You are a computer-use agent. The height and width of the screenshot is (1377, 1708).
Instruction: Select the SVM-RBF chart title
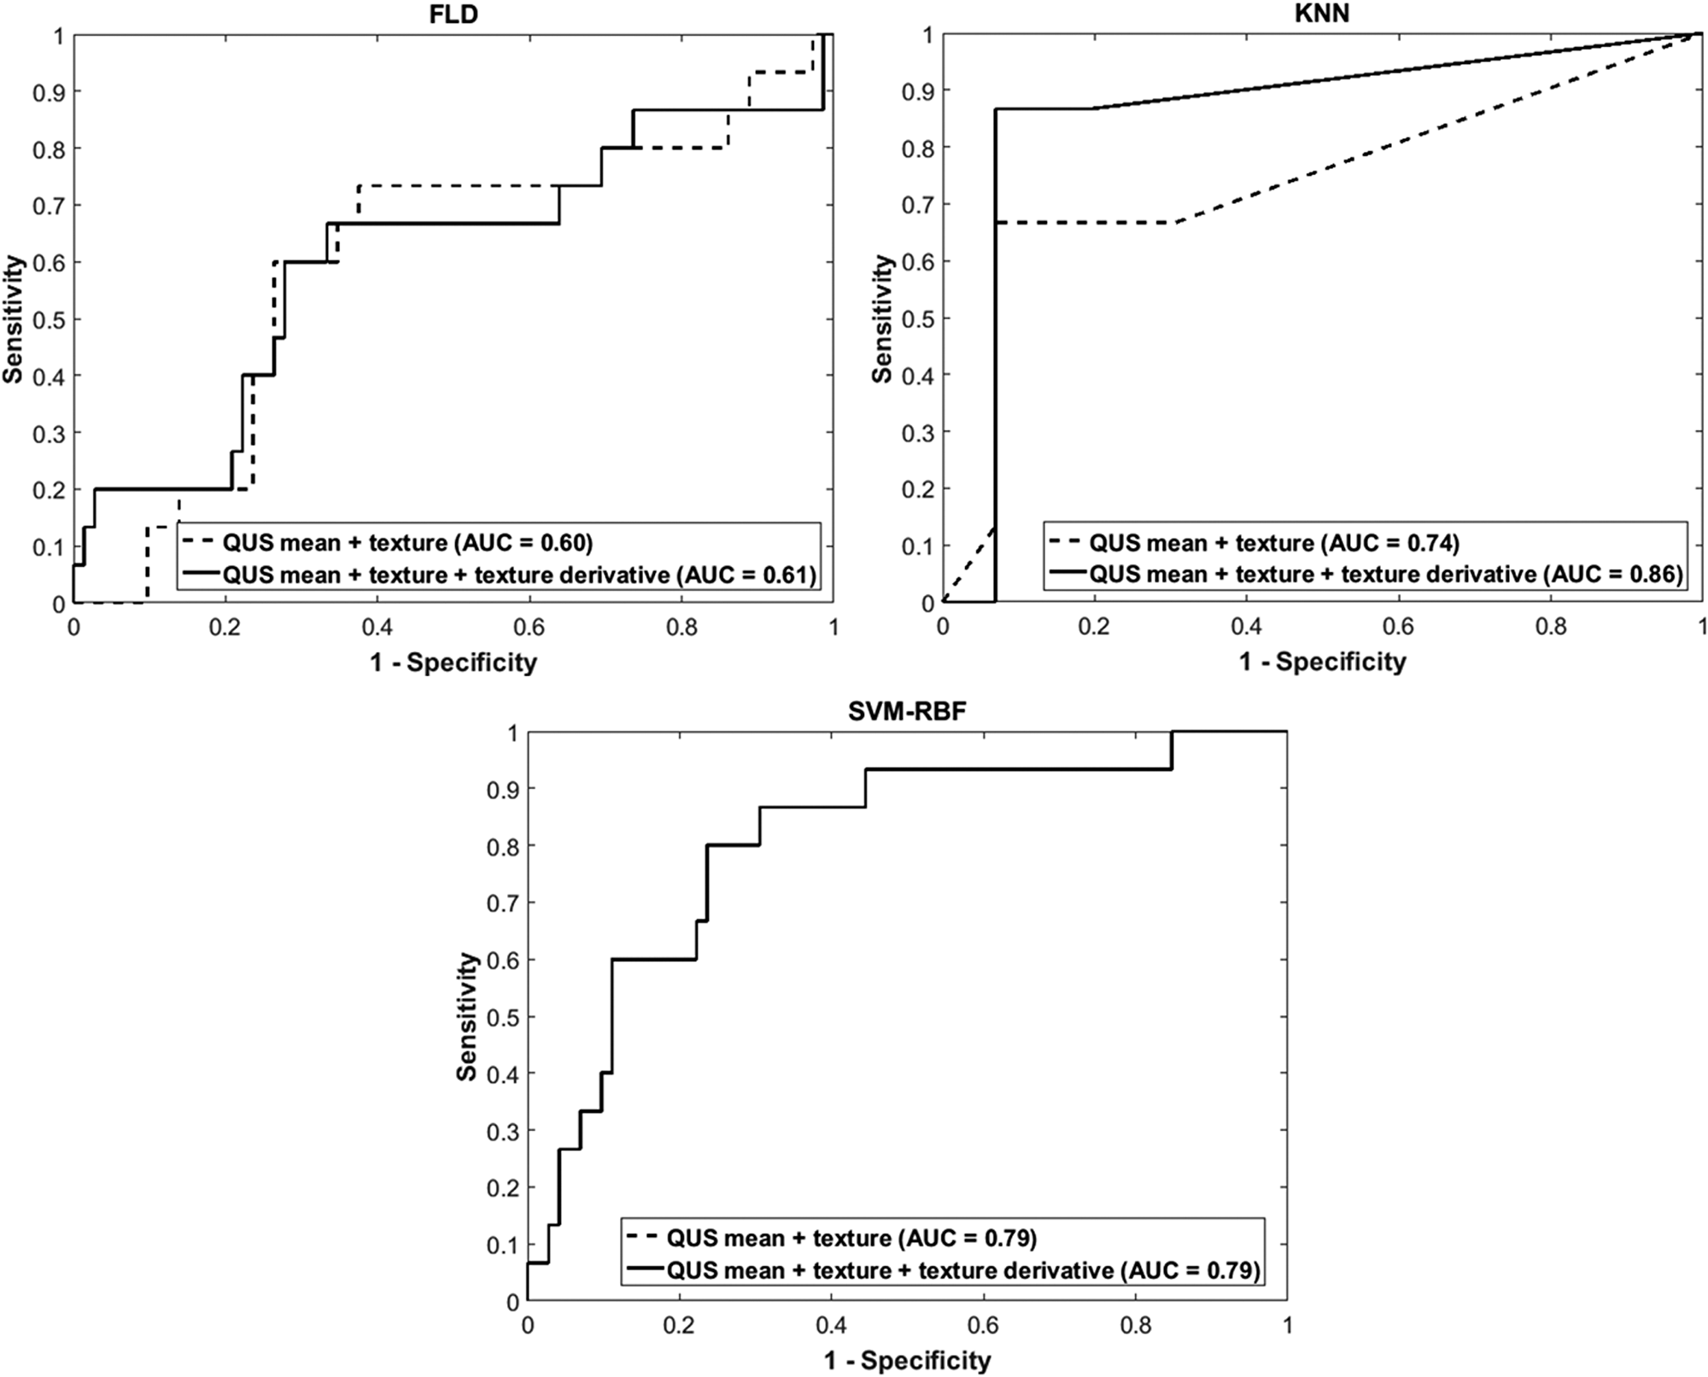(907, 710)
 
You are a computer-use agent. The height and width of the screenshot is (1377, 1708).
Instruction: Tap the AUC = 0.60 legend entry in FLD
(407, 543)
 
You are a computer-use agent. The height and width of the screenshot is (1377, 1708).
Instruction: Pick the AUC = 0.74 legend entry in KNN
(1274, 543)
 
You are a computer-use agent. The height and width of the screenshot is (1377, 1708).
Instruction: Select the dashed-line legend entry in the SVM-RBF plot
(851, 1238)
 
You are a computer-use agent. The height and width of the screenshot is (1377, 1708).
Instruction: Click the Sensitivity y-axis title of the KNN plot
(883, 318)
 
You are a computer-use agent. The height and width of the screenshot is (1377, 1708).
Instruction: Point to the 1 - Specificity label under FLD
(453, 662)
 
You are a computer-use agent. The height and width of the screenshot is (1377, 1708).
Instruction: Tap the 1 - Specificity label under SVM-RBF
(907, 1360)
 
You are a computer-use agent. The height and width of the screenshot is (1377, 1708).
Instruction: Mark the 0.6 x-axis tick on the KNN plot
(1398, 627)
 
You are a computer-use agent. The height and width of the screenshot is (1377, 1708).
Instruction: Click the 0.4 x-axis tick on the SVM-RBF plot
(831, 1326)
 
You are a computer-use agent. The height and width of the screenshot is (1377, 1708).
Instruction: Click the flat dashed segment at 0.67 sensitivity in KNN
(1085, 223)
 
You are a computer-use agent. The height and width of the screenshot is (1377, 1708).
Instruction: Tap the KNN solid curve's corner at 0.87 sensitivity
(996, 109)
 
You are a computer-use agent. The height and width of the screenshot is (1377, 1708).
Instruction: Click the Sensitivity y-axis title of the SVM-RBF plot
(466, 1016)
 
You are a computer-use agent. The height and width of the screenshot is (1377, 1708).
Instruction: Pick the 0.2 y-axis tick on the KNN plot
(917, 489)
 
